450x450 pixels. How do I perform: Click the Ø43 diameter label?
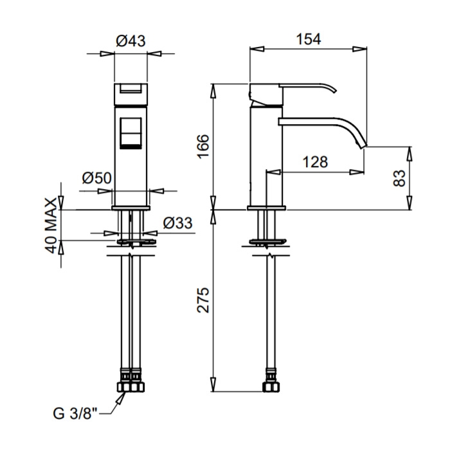click(x=130, y=41)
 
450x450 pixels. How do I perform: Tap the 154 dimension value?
click(x=308, y=39)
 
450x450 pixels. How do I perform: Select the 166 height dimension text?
click(x=203, y=146)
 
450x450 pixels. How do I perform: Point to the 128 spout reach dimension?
click(x=315, y=162)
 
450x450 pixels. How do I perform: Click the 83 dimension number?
click(x=399, y=178)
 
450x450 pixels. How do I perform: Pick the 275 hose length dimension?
click(x=203, y=300)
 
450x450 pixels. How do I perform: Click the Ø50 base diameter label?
click(x=96, y=178)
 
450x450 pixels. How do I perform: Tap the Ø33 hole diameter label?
click(x=177, y=223)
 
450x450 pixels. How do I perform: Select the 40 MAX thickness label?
click(x=51, y=226)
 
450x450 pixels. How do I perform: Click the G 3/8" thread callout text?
click(x=75, y=413)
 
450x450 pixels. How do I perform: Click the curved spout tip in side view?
click(x=362, y=145)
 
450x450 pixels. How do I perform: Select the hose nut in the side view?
click(x=271, y=386)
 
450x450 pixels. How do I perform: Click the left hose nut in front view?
click(x=124, y=387)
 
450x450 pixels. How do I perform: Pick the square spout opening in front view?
click(x=130, y=133)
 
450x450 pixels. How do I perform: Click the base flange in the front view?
click(x=131, y=208)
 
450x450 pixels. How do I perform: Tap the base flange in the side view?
click(x=266, y=208)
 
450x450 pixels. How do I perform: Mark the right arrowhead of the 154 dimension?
click(x=359, y=49)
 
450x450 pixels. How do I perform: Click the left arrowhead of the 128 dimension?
click(x=273, y=172)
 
